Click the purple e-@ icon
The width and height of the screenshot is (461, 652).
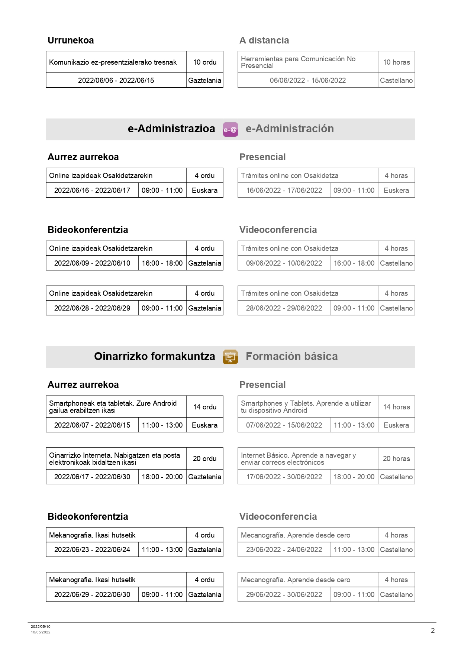(x=230, y=129)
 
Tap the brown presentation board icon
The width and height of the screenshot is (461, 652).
(x=230, y=357)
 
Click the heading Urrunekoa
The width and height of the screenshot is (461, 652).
(x=71, y=40)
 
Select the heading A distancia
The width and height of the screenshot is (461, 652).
(x=264, y=40)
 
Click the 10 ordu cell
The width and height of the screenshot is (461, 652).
(x=204, y=62)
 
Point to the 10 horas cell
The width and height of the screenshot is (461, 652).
(x=396, y=62)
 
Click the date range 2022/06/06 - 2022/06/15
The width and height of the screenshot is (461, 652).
(x=116, y=81)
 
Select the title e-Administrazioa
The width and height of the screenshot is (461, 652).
(x=171, y=129)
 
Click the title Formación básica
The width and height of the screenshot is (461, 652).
(x=291, y=357)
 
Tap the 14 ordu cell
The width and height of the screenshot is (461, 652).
(x=204, y=407)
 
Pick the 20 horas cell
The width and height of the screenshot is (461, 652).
(x=396, y=459)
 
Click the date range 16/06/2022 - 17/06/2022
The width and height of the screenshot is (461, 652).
(x=284, y=191)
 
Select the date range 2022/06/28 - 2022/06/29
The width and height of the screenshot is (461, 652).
(x=92, y=308)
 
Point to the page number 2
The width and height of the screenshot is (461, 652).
(x=432, y=630)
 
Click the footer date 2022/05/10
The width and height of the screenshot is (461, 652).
(x=41, y=627)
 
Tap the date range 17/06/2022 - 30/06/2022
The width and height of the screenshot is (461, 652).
(x=284, y=477)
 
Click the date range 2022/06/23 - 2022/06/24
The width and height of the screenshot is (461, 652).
(x=92, y=550)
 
